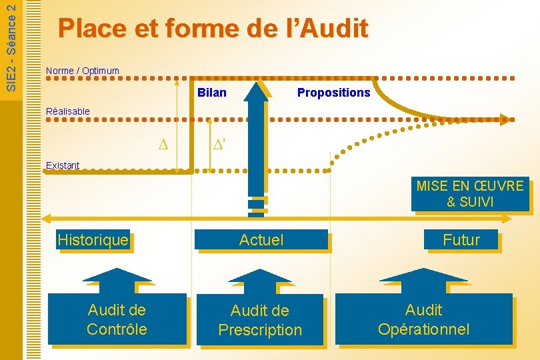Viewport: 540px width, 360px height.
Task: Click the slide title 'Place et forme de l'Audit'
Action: (x=213, y=29)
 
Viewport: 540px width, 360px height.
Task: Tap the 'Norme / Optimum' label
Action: (x=83, y=71)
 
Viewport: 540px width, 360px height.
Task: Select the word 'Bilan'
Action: (x=212, y=93)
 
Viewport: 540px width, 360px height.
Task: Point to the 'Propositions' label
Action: (x=333, y=93)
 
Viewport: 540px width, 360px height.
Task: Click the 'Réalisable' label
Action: (x=67, y=111)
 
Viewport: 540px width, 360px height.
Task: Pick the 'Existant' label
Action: (x=63, y=165)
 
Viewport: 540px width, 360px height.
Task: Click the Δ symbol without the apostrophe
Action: (x=163, y=145)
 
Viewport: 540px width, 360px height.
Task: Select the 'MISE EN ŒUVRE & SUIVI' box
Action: (x=470, y=194)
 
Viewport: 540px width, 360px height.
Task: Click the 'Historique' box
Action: (x=93, y=240)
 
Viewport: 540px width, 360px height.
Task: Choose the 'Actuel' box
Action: (x=261, y=240)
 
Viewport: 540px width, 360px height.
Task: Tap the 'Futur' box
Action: (x=461, y=240)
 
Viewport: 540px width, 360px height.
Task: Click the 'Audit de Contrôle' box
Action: (x=117, y=319)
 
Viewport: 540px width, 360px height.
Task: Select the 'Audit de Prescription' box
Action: (x=260, y=320)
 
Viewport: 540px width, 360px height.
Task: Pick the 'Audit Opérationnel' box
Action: (x=423, y=319)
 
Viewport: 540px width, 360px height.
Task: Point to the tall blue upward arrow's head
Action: (x=256, y=90)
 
